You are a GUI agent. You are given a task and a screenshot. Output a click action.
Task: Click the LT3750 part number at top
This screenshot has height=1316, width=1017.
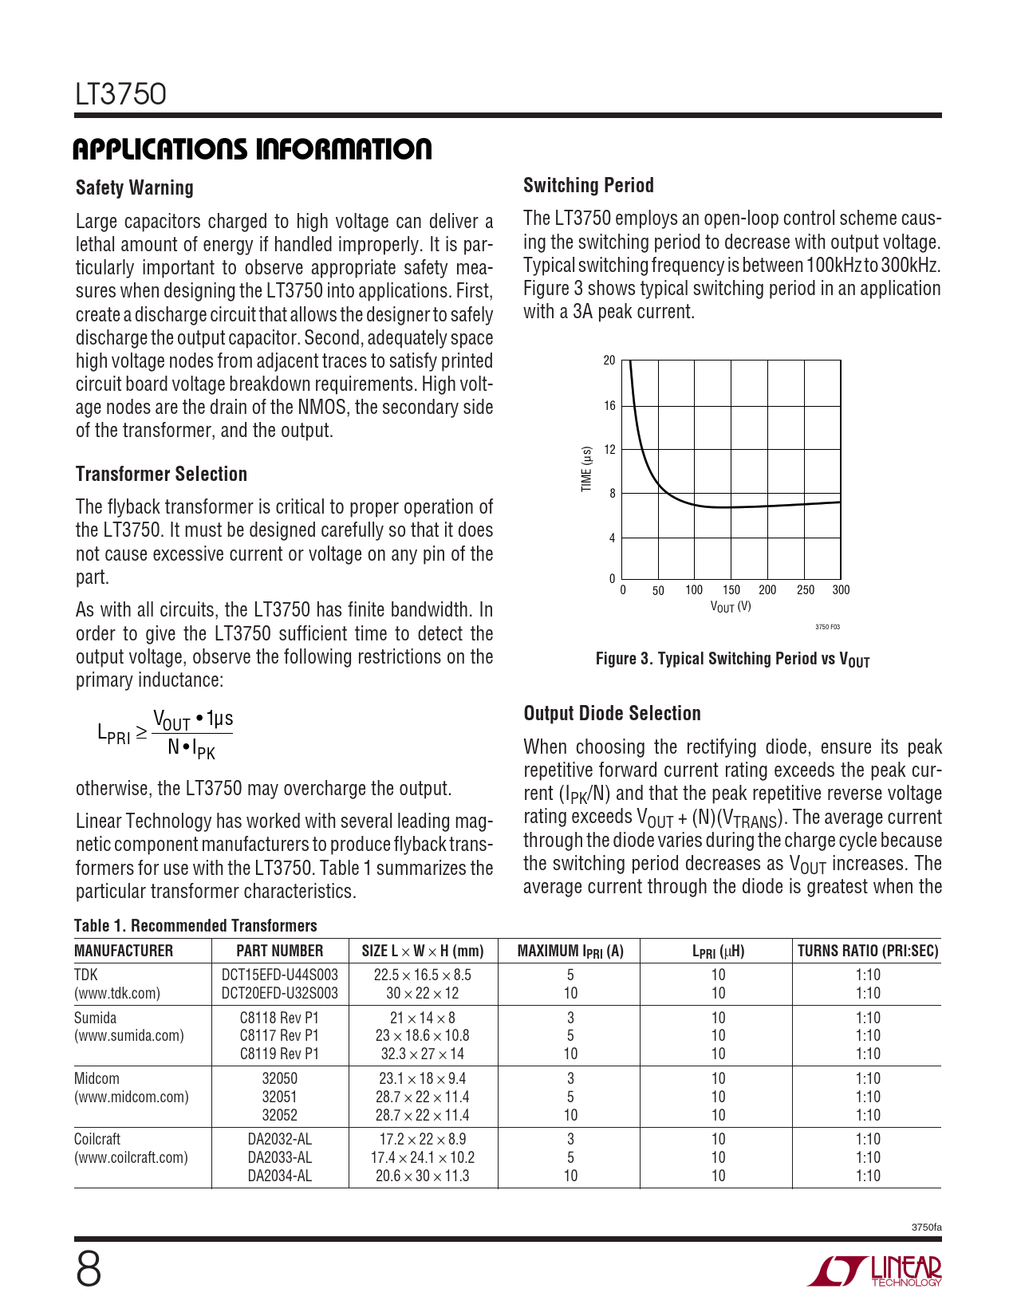coord(121,94)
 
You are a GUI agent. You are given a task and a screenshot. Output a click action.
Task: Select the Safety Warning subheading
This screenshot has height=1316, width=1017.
coord(134,188)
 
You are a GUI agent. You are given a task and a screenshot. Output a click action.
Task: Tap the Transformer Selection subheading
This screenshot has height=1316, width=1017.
coord(161,475)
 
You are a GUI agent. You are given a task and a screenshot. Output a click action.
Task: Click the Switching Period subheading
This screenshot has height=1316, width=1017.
coord(588,186)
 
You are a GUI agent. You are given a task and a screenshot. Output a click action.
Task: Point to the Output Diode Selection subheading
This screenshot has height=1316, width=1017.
coord(612,714)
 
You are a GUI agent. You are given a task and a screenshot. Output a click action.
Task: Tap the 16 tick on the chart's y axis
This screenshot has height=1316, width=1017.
coord(609,406)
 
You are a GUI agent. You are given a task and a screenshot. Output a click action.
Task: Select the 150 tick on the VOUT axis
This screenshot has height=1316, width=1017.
coord(731,590)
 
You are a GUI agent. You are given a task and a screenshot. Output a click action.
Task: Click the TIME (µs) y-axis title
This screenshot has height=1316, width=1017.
coord(587,469)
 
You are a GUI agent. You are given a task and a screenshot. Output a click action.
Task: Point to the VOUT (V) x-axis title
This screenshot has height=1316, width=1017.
coord(731,607)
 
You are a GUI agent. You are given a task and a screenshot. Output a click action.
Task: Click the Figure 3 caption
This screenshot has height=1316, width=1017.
coord(732,660)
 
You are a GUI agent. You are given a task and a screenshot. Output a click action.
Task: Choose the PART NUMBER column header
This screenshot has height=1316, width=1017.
coord(279,951)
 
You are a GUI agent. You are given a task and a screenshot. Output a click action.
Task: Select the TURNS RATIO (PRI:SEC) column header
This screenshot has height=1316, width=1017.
coord(868,951)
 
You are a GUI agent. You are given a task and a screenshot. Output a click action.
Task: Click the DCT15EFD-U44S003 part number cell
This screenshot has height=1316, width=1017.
coord(279,975)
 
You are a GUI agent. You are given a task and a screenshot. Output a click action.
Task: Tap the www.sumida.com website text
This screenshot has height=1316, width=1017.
coord(128,1036)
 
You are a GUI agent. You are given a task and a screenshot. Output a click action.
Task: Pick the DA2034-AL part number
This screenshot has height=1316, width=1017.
coord(279,1176)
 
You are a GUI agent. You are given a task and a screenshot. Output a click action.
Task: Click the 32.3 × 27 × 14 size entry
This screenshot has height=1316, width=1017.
coord(422,1054)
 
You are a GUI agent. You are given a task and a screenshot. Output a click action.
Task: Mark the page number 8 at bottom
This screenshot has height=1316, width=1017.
coord(89,1269)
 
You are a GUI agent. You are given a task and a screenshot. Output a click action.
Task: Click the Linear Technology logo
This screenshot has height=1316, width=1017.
coord(874,1271)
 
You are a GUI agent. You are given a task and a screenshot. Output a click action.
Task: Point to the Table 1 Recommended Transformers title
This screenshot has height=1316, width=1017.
coord(195,926)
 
